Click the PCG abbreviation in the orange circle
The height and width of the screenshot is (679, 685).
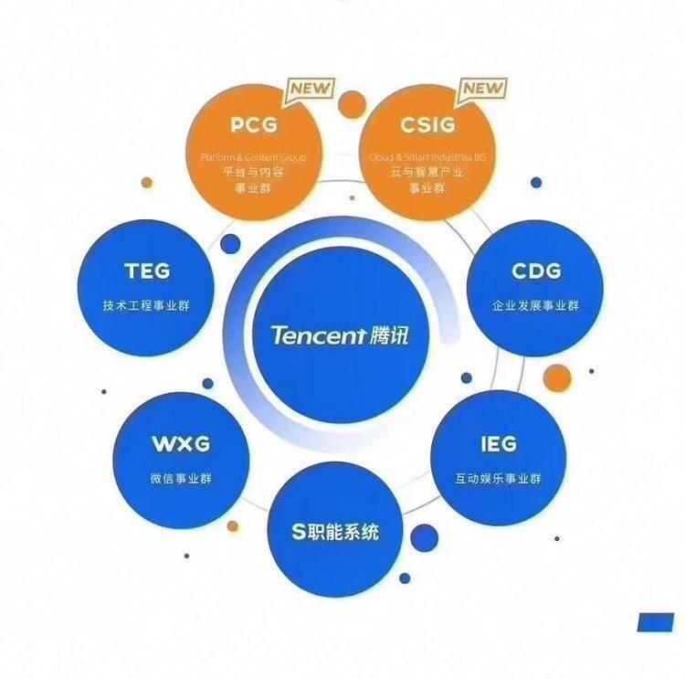click(x=253, y=124)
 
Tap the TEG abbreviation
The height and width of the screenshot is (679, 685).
click(x=146, y=271)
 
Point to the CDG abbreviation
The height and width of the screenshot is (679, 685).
click(x=536, y=271)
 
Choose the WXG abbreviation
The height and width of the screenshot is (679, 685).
click(x=181, y=444)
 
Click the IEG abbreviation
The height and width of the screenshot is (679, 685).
click(x=498, y=444)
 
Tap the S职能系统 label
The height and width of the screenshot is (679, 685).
click(x=335, y=531)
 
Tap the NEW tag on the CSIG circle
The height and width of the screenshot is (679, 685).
click(x=480, y=89)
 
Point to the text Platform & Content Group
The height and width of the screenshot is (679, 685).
click(x=253, y=157)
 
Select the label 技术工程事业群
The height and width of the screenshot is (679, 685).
click(x=146, y=305)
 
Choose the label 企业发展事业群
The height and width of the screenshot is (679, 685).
click(x=536, y=305)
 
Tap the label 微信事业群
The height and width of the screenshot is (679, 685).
click(x=181, y=478)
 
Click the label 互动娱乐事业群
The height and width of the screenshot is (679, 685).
click(x=498, y=478)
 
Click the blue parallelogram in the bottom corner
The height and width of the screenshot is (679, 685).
click(x=655, y=622)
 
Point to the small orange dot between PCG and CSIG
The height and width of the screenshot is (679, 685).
click(x=352, y=103)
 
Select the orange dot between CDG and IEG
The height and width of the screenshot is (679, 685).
click(x=556, y=377)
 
